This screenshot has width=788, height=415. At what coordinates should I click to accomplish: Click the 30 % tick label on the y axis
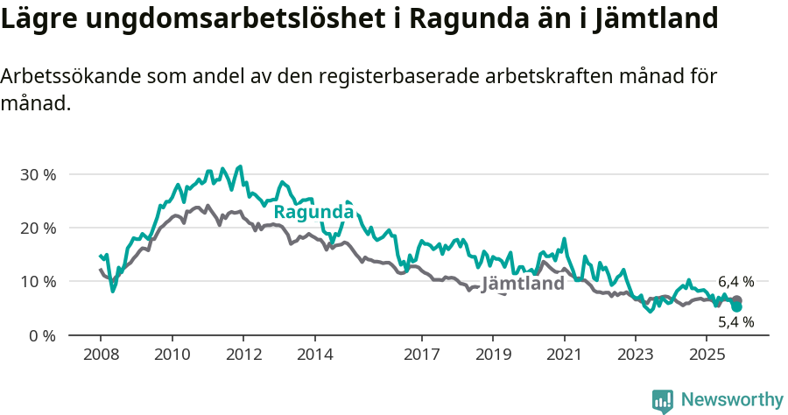click(37, 174)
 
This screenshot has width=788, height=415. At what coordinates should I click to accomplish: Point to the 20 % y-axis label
click(37, 228)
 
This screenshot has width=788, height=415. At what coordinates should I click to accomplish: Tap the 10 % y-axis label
click(37, 281)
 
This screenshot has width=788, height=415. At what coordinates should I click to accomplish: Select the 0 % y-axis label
click(40, 335)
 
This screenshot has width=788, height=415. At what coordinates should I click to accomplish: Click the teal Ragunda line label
click(313, 212)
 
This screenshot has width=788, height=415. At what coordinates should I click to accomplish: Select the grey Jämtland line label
click(523, 285)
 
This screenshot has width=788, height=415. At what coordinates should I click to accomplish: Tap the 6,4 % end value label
click(735, 282)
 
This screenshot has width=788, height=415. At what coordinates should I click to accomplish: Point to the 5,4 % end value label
click(735, 322)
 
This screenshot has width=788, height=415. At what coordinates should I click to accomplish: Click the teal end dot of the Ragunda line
click(736, 307)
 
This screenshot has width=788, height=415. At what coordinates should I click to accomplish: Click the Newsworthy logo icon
click(663, 400)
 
